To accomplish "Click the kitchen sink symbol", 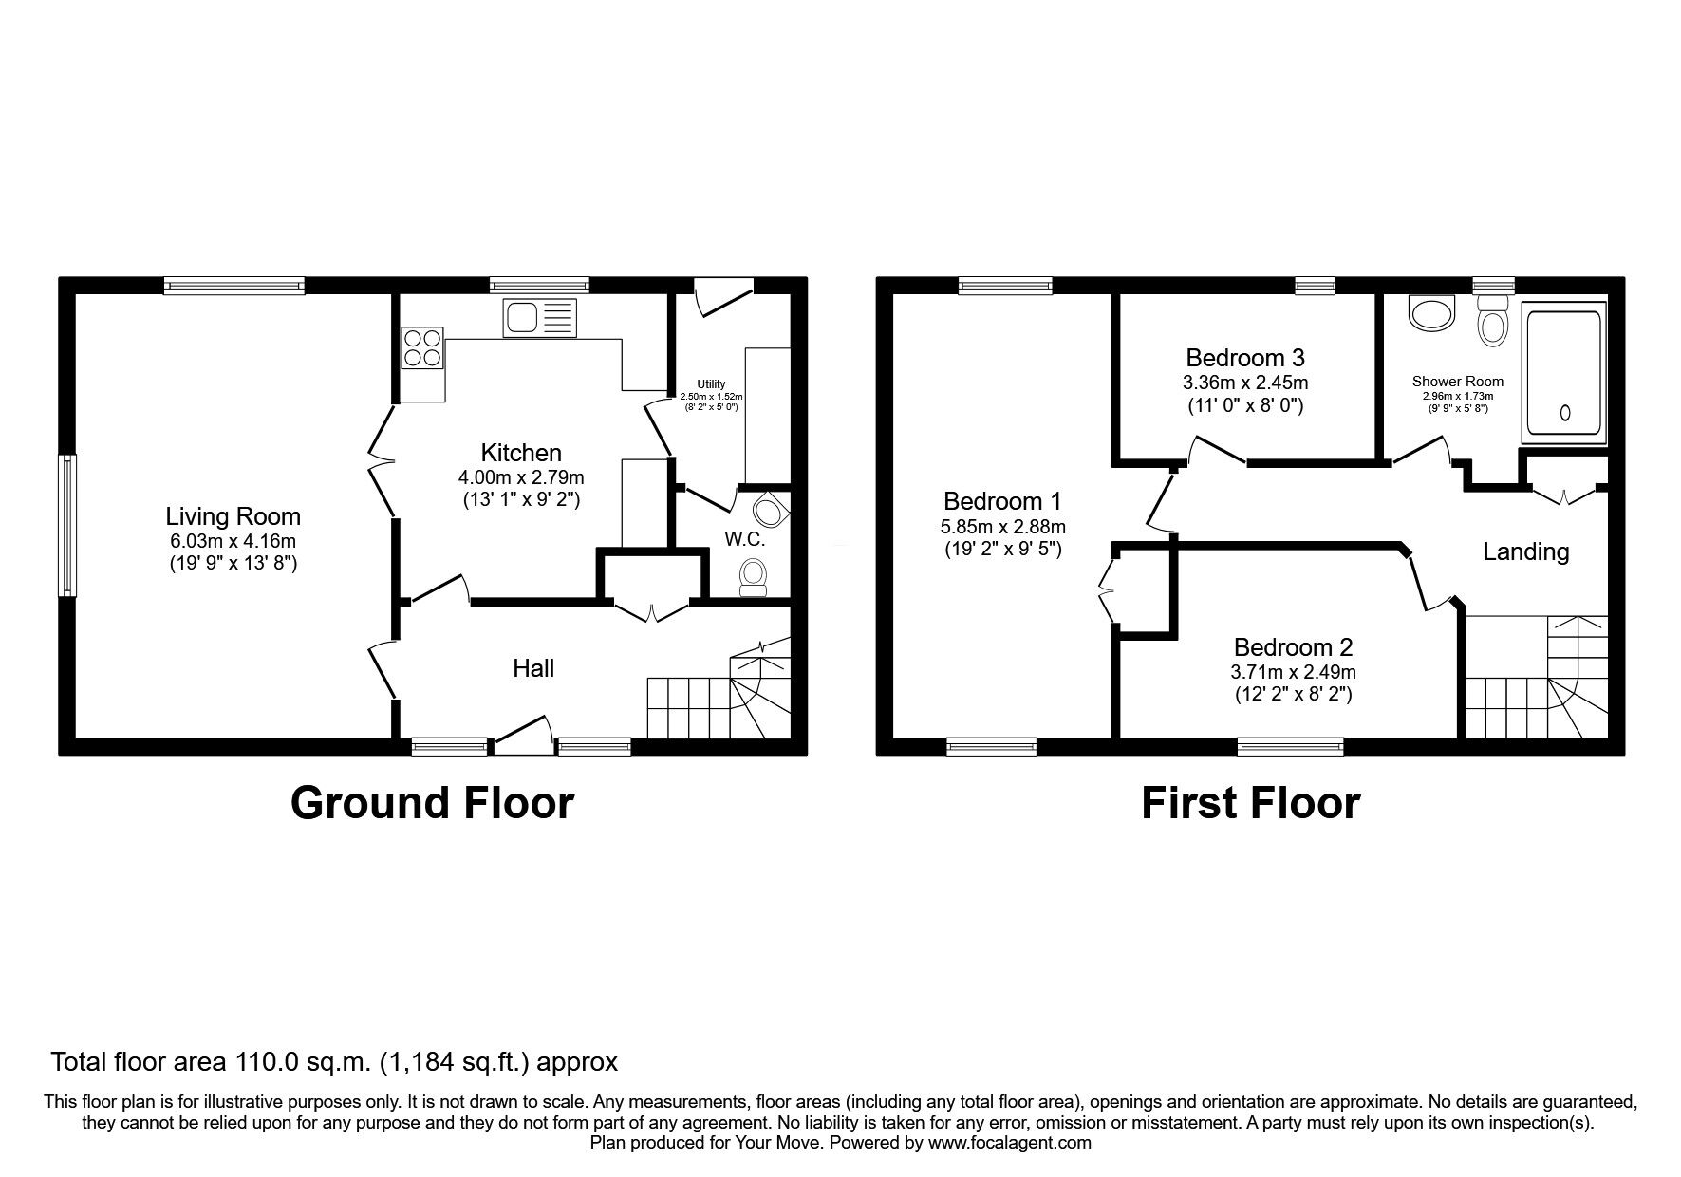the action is (x=541, y=316).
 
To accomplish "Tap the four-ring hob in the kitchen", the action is (x=423, y=346).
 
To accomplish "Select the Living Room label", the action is (x=233, y=516).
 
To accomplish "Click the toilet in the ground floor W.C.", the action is (x=754, y=577).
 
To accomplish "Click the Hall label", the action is (x=533, y=668).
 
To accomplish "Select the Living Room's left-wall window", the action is (x=67, y=526).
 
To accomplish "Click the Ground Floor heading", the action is (x=432, y=802).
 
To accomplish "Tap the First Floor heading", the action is (x=1250, y=802).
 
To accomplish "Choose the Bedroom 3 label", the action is (x=1245, y=358).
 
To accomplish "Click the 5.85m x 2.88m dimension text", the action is (x=1004, y=527).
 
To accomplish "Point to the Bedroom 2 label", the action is (x=1293, y=647).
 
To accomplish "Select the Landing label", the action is (x=1526, y=551).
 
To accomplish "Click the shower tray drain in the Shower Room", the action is (x=1564, y=412).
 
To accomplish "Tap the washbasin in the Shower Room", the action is (x=1431, y=313).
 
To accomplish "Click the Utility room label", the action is (x=711, y=384).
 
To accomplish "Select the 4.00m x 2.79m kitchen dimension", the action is (x=522, y=476).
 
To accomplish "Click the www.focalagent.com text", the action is (x=1009, y=1143).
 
